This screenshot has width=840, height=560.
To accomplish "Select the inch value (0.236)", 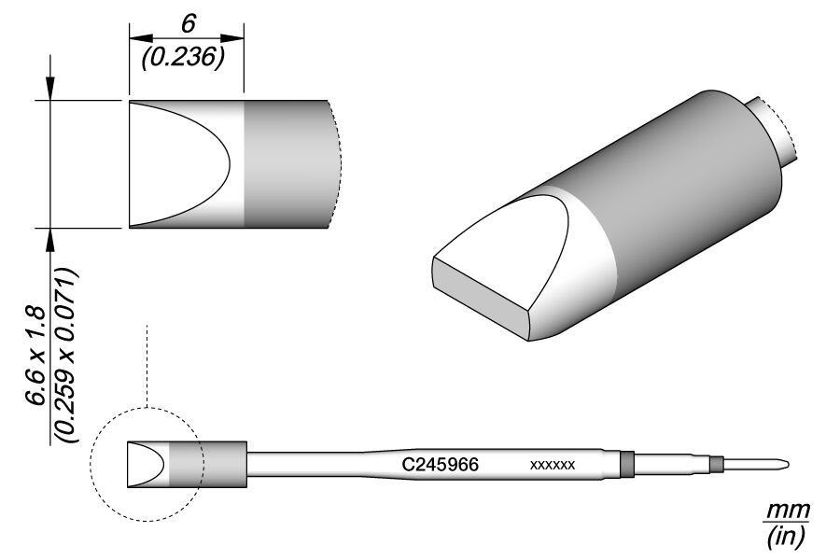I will coord(186,58).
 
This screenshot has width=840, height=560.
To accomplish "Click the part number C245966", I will coord(441,464).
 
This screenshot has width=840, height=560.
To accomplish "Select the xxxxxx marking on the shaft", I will coord(552,464).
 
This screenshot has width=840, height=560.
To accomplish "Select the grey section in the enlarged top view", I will coord(286,163).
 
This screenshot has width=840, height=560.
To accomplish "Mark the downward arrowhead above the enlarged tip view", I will coord(50,90).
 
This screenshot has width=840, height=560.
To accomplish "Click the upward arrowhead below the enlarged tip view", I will coord(50,238).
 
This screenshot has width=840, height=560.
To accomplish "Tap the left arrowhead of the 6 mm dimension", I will coord(136,38).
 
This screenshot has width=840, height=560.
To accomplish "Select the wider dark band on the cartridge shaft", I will coord(626,463).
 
